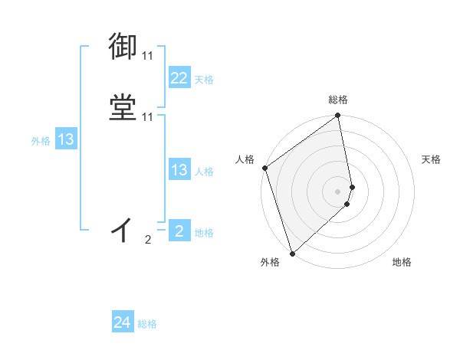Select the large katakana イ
(123, 228)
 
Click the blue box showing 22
(179, 78)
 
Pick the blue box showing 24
(123, 323)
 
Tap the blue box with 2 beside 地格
(179, 231)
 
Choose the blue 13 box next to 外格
(66, 139)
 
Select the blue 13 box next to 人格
(179, 170)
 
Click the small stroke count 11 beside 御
(147, 56)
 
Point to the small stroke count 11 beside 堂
(147, 117)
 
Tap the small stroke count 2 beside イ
(148, 240)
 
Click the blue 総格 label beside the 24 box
(147, 325)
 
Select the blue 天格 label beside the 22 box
(204, 80)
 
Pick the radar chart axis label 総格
(338, 100)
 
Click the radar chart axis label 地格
(402, 263)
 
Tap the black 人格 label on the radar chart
(245, 159)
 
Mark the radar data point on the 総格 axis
(338, 116)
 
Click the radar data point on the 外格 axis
(292, 253)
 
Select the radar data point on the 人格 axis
(264, 168)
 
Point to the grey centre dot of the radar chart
(338, 191)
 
